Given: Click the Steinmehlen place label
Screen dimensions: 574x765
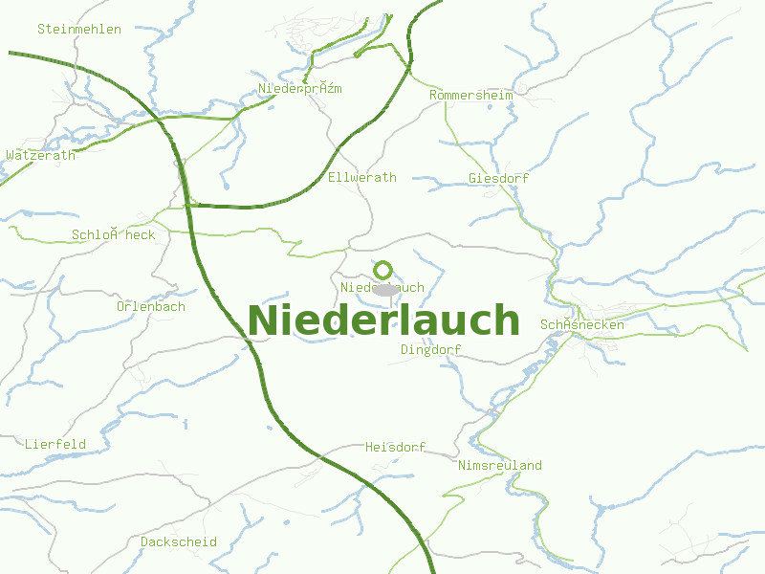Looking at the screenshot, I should coord(79,29).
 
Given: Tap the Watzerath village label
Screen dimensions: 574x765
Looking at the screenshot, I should coord(40,155).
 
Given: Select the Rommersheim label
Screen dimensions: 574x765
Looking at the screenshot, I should coord(471,96).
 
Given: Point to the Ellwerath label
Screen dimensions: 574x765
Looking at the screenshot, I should coord(361,178).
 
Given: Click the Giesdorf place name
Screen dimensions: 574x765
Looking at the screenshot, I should coord(498,179).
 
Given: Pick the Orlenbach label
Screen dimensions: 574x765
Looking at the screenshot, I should coord(151,307).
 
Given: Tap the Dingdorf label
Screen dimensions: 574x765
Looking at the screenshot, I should coord(430,350).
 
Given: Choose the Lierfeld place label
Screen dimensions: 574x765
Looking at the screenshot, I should coord(55,445).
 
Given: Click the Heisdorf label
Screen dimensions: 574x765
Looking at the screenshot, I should coord(395,448).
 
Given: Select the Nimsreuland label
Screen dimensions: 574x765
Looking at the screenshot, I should coord(500,466).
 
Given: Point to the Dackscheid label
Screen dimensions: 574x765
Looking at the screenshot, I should coord(179,542).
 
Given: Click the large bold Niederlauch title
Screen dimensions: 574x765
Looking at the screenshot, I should coord(383,321).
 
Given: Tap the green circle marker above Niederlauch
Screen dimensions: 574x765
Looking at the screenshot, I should coord(383,270).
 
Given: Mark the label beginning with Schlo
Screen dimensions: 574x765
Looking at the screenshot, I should coord(113,235).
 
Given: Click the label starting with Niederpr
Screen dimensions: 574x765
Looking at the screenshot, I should coord(300,89).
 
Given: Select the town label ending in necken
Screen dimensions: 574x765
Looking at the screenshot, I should coord(582,325).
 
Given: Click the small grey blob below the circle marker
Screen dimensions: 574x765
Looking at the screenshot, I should coord(384,289).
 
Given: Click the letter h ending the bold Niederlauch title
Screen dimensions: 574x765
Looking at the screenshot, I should coord(507,321).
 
